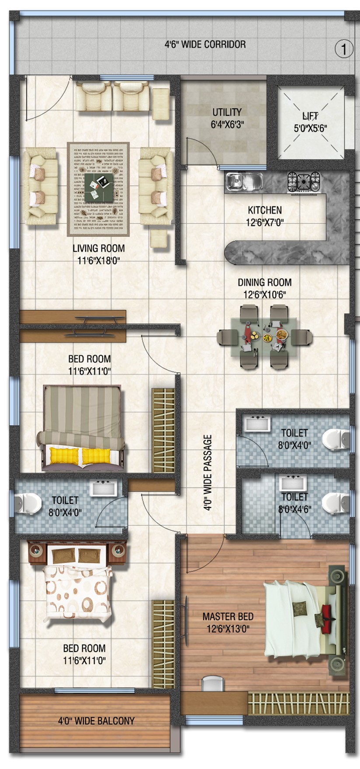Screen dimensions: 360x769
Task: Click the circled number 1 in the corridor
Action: pos(344,49)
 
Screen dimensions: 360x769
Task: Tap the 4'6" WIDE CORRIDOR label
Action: pos(205,44)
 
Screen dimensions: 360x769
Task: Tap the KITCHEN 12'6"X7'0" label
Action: pos(265,216)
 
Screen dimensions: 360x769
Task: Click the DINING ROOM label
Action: pos(265,288)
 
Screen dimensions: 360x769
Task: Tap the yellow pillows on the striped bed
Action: pos(82,455)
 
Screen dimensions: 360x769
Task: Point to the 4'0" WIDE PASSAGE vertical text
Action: pos(208,472)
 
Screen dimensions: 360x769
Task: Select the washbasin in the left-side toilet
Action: pos(104,487)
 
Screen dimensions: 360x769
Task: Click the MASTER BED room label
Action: pos(228,623)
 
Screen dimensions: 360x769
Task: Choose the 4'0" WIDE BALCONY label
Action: pos(96,721)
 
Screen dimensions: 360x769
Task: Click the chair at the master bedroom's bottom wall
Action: pos(212,684)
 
